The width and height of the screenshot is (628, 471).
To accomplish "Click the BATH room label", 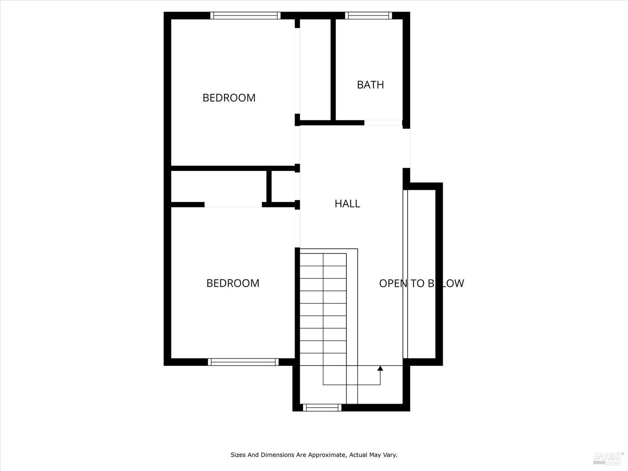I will tap(370, 85).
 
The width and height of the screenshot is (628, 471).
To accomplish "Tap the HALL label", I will tap(347, 203).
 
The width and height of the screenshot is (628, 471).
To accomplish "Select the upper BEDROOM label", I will tap(229, 98).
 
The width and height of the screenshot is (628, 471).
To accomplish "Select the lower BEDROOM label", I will tap(233, 283).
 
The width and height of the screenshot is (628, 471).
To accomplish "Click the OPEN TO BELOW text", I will tap(421, 283).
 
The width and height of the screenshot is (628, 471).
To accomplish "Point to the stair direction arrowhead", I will tap(380, 368).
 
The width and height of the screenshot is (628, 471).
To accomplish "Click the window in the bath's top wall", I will tap(368, 16).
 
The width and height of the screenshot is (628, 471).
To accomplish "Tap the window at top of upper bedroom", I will tap(245, 16).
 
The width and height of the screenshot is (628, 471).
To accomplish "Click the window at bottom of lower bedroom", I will tap(243, 362).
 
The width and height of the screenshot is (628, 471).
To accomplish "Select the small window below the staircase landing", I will tap(322, 407).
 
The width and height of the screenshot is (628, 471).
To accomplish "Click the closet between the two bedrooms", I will tap(219, 186).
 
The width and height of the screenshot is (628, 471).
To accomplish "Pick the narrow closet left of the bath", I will tap(315, 69).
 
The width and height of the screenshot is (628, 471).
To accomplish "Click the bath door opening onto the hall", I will tap(383, 123).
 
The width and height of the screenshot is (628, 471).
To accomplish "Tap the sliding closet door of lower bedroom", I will tap(233, 205).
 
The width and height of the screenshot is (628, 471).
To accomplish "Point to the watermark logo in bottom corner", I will tap(608, 458).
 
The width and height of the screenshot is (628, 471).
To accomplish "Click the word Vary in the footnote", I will tap(390, 455).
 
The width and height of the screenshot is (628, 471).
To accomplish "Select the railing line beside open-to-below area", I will tap(405, 274).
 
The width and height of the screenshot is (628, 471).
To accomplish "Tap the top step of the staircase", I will tap(323, 260).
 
